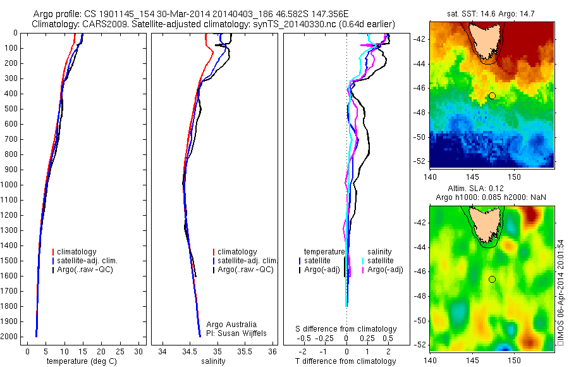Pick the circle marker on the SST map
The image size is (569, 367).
(492, 96)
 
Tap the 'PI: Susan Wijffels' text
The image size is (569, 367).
(237, 333)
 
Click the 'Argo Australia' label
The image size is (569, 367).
(231, 325)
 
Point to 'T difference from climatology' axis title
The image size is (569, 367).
(346, 361)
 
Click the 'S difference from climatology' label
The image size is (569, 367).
(346, 329)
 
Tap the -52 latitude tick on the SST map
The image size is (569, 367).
(419, 161)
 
